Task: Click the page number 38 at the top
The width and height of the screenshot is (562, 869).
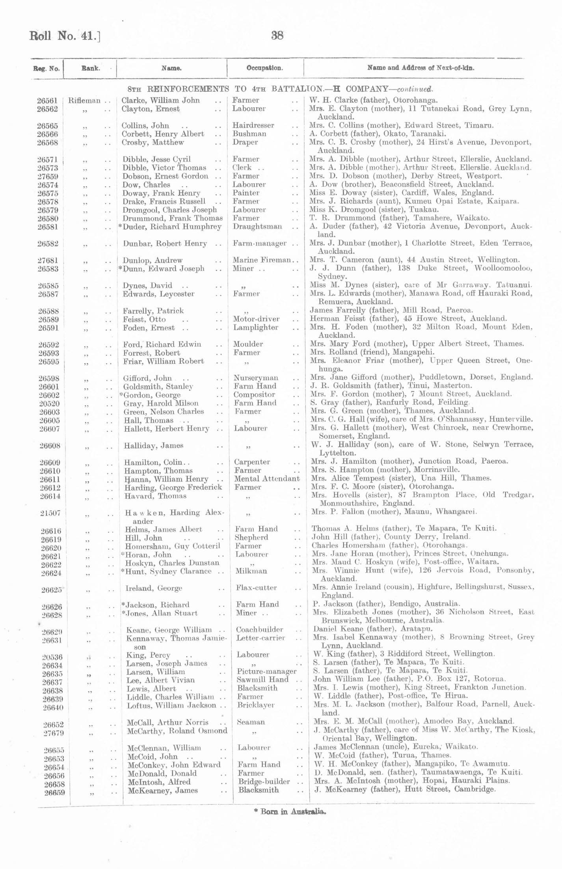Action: [x=277, y=35]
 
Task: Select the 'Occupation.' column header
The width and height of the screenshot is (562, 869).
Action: [x=264, y=68]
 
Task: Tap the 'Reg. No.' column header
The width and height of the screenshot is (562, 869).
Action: [x=47, y=69]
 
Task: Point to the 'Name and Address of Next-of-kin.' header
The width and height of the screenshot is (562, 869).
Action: [x=421, y=67]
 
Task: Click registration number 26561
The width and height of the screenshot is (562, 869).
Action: [x=47, y=100]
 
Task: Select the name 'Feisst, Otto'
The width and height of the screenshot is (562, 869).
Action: [x=144, y=319]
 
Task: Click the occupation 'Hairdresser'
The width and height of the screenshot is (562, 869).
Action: [x=253, y=125]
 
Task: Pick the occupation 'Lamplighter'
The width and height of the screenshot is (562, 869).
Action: [x=255, y=328]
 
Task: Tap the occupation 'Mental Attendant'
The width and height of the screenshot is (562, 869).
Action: [x=267, y=479]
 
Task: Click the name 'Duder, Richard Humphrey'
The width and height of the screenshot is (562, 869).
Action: [x=172, y=227]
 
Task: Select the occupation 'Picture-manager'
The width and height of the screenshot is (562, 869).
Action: [x=267, y=671]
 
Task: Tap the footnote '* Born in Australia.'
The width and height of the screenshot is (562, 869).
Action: [x=290, y=811]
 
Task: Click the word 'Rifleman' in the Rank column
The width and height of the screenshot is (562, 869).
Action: [x=84, y=100]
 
